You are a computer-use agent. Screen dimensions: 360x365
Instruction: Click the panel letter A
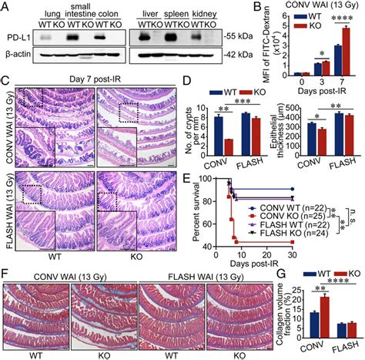(x=6, y=6)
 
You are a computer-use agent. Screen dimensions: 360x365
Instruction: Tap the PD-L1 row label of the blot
(x=18, y=37)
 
